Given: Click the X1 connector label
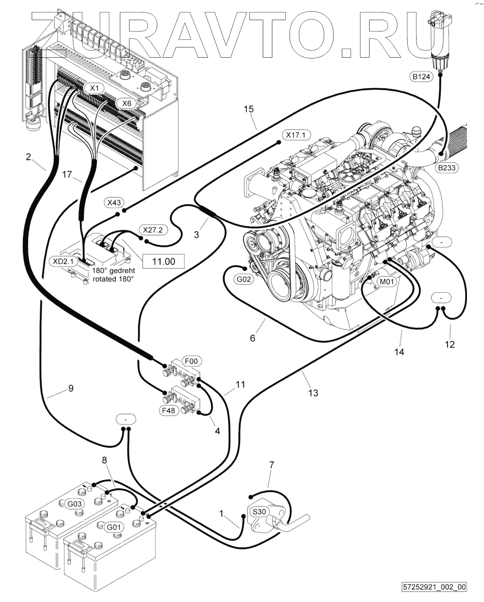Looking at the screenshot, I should [95, 88].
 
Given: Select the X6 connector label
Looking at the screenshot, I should [127, 103].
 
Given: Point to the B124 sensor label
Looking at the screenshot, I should [421, 77].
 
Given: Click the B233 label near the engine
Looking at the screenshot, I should [446, 167].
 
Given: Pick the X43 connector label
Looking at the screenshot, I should [114, 203].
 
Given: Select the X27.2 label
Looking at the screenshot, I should [153, 230].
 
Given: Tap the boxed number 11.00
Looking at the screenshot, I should [164, 262].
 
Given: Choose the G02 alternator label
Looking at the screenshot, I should [243, 280].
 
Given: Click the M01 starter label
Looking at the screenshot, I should [387, 282].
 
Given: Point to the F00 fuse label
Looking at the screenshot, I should [192, 361].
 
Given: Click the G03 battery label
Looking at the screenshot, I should [74, 504].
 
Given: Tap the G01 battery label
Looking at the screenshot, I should [114, 527].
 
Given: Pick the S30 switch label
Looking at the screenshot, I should [259, 512].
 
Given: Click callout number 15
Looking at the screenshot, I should [249, 109].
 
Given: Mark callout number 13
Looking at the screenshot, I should [313, 393].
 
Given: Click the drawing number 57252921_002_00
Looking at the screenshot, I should [435, 587].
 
